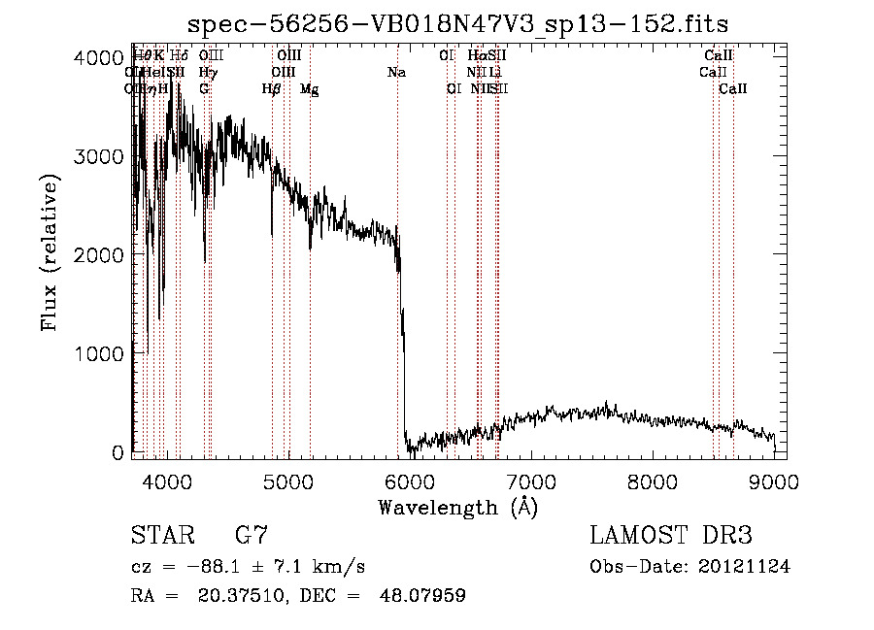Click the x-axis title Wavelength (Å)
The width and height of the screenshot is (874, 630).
457,507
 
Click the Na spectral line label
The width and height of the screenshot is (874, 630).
396,73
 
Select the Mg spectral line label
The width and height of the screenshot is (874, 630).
309,89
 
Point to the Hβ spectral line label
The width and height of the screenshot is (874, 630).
272,89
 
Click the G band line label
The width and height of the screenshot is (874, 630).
204,89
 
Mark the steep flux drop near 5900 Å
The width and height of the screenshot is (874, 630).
402,349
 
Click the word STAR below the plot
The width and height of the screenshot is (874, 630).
161,536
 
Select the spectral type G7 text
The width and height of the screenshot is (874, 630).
252,536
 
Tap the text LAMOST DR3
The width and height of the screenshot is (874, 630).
671,536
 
